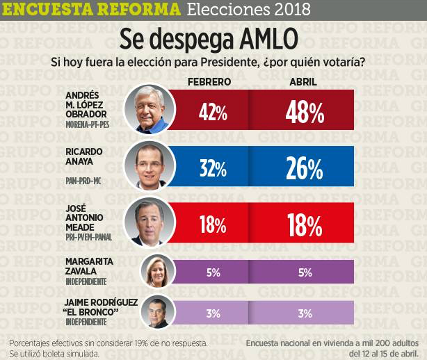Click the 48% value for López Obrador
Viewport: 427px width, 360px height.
(303, 113)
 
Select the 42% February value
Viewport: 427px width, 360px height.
(213, 113)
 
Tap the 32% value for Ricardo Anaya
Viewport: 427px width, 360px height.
(213, 169)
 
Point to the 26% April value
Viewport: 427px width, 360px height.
(303, 169)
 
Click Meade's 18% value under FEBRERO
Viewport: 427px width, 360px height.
(213, 225)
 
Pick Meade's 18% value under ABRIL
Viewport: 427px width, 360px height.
(303, 225)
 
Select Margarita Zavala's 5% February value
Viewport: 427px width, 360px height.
(213, 272)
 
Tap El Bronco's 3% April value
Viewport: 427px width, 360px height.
(303, 313)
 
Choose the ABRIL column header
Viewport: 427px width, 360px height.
(303, 82)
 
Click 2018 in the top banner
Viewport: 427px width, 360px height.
(291, 10)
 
